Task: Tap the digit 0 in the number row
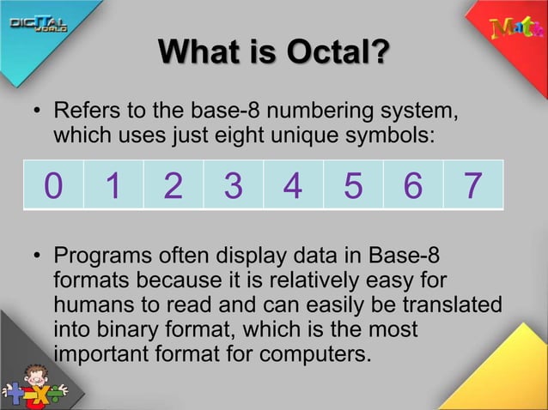53,185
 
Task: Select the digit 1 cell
113,185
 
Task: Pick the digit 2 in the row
173,185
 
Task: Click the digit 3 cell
233,185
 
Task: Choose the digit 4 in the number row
293,185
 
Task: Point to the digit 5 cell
353,185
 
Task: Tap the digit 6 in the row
413,185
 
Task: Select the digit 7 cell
472,185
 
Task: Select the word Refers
83,112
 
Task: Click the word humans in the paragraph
89,304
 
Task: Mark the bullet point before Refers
37,113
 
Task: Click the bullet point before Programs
37,257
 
